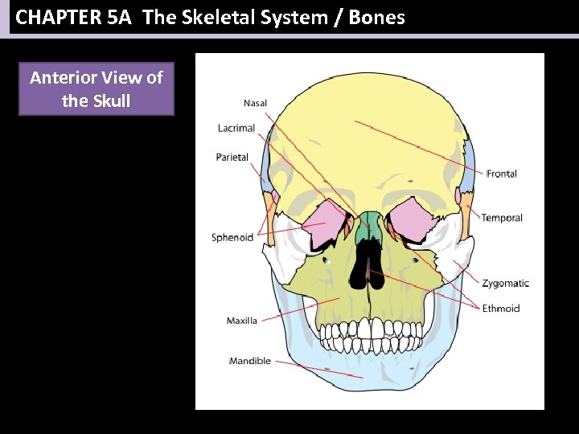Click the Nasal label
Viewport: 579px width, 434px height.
[256, 103]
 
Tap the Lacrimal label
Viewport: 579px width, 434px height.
[236, 129]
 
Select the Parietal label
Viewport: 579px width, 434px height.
[232, 158]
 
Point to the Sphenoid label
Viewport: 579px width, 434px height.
[232, 237]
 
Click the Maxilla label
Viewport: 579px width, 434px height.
[242, 321]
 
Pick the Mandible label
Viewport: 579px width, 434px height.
[250, 361]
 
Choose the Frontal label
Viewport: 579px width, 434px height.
[502, 174]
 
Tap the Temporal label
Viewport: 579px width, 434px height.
[502, 218]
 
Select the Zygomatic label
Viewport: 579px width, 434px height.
[506, 283]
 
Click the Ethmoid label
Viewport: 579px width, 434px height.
[501, 309]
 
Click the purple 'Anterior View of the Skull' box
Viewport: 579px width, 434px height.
[96, 90]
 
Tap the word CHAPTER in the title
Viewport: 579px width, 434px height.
[57, 17]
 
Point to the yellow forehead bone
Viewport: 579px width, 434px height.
[370, 129]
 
